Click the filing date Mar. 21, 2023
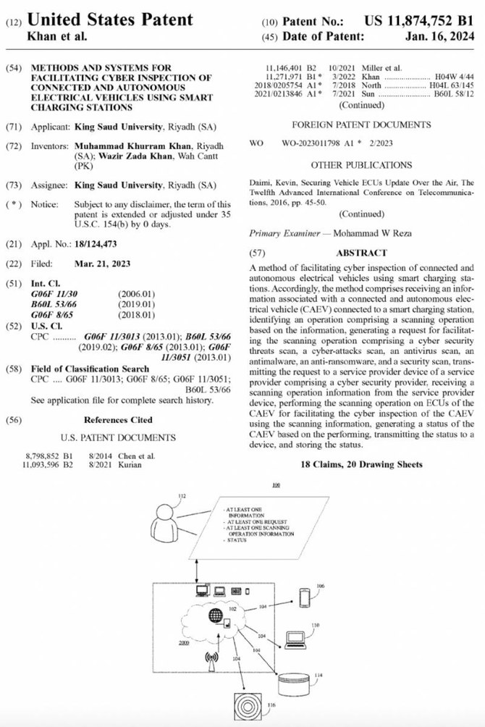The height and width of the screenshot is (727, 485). coord(102,264)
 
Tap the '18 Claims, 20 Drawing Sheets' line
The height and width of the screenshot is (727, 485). coord(361,464)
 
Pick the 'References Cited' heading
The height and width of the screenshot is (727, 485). coord(118,419)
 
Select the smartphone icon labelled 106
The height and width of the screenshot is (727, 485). coord(305,597)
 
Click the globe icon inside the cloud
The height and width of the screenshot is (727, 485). coord(216,616)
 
